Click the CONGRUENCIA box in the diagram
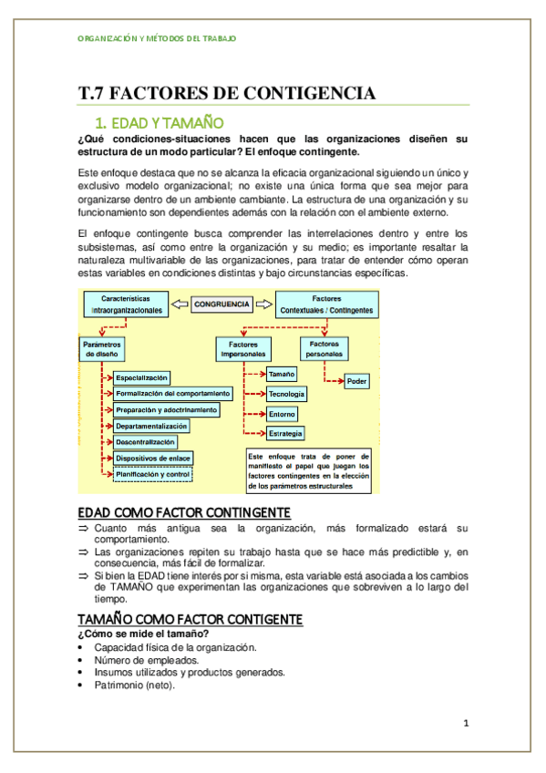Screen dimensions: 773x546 click(224, 304)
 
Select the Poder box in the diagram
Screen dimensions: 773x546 click(357, 381)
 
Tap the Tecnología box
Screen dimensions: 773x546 click(286, 395)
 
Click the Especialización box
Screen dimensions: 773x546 click(142, 377)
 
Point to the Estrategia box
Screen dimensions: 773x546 click(286, 433)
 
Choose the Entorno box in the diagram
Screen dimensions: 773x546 click(283, 414)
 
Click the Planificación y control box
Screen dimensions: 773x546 click(153, 474)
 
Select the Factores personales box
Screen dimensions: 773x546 click(325, 348)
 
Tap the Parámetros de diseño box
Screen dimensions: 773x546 click(102, 349)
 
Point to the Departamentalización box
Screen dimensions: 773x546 click(151, 426)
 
